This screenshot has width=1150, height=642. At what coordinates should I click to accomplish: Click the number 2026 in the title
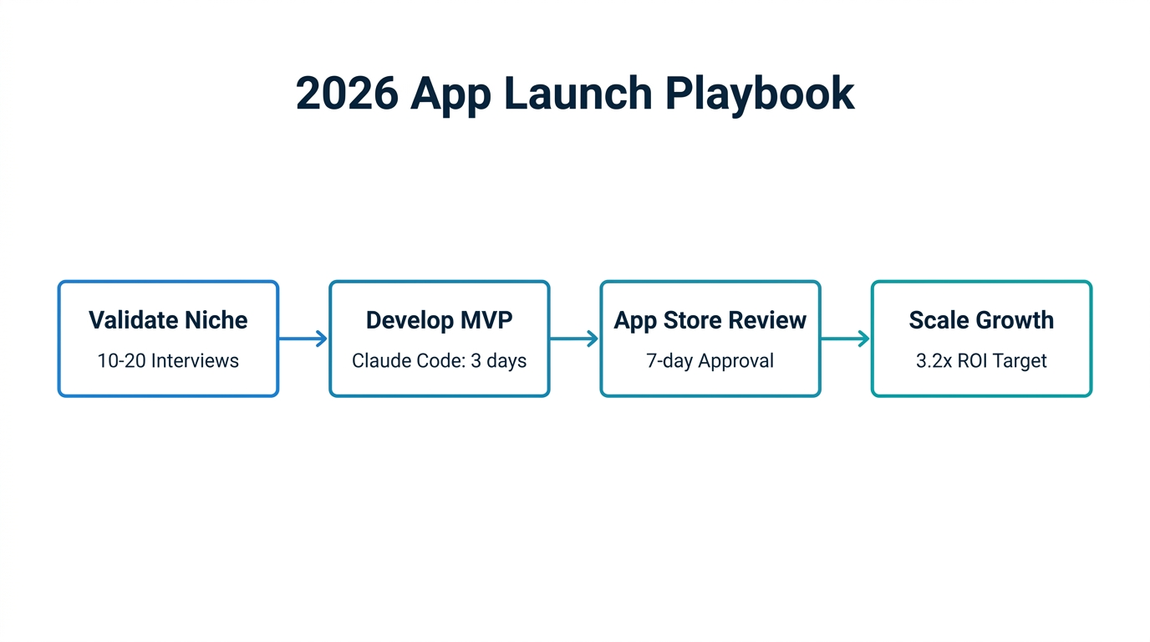(x=347, y=93)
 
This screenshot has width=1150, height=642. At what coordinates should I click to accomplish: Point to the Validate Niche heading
(x=168, y=320)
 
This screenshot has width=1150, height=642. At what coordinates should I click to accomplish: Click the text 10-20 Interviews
(x=168, y=361)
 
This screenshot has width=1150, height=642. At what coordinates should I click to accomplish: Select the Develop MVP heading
(x=439, y=320)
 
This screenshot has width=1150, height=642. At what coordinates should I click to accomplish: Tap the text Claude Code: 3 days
(x=439, y=361)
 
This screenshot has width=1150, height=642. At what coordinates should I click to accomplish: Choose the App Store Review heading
(x=710, y=320)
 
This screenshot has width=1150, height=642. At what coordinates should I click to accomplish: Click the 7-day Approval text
(x=710, y=361)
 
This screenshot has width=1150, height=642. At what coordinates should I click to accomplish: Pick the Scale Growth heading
(x=981, y=320)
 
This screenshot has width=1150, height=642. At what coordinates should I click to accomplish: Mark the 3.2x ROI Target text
(x=981, y=361)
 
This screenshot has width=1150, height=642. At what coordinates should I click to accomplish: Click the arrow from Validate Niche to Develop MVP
(x=303, y=339)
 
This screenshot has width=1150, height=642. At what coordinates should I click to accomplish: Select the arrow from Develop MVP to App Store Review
(x=574, y=339)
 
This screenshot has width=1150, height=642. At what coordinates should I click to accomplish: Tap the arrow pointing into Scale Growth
(x=845, y=339)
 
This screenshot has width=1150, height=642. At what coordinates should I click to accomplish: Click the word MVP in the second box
(x=484, y=320)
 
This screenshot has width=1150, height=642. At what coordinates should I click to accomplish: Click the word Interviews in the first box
(x=195, y=361)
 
